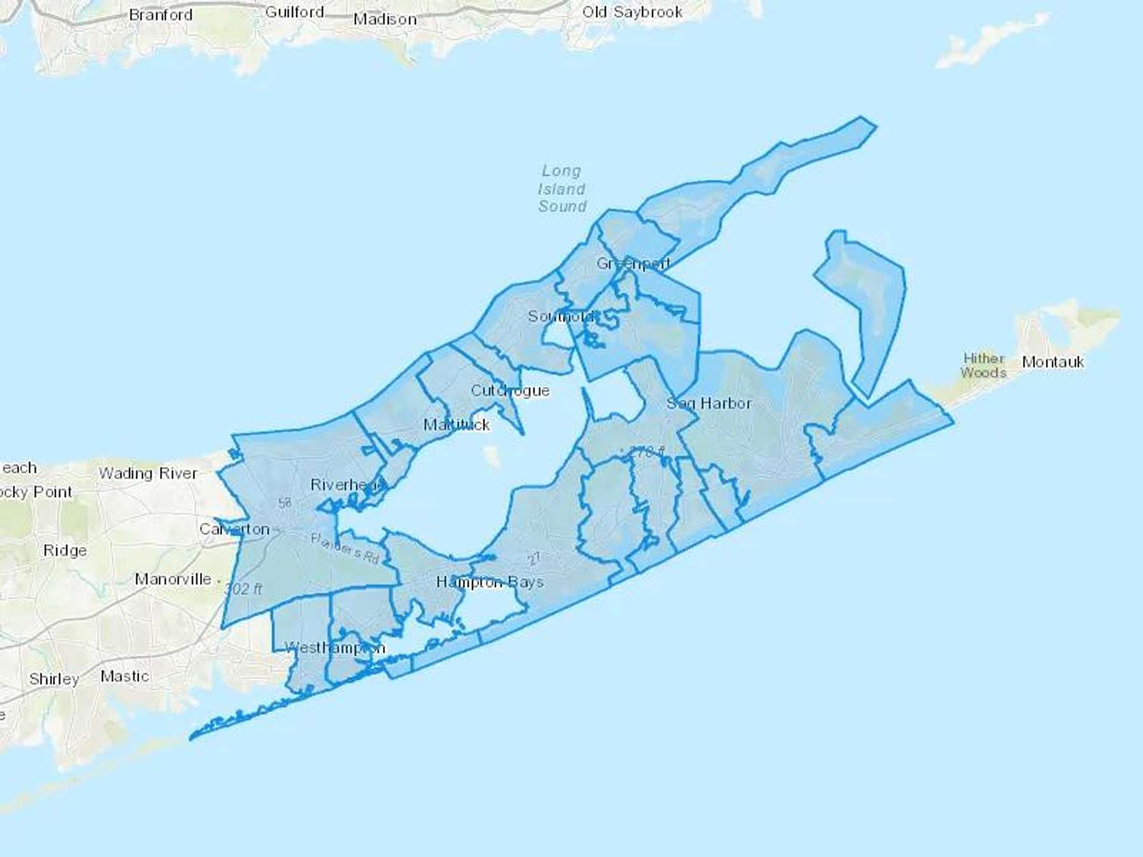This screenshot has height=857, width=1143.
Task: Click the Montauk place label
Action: point(1053,362)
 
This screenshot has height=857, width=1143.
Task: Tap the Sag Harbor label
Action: point(709,403)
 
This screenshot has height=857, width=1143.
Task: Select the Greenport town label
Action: point(633,263)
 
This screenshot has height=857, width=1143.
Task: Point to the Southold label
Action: point(561,316)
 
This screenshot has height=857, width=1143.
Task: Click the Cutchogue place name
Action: point(510,390)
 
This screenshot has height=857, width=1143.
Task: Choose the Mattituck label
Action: point(457,425)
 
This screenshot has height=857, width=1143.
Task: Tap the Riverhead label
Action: point(347,485)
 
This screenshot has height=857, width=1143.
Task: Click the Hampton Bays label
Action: point(490,582)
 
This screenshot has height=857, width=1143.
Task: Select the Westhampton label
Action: point(335,648)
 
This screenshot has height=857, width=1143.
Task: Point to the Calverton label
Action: point(234,529)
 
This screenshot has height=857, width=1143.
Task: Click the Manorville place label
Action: point(173,579)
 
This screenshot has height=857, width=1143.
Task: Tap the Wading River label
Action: point(148,474)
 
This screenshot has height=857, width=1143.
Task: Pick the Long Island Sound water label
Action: point(562,189)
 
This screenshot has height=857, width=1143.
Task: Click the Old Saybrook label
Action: point(632,12)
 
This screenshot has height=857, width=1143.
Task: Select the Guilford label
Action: point(295,12)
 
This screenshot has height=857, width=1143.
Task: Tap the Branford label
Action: point(161,15)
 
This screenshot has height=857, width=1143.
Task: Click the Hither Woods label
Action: point(984,366)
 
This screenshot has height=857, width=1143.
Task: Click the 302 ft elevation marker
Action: point(243,589)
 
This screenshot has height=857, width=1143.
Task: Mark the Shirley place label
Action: point(54,679)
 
